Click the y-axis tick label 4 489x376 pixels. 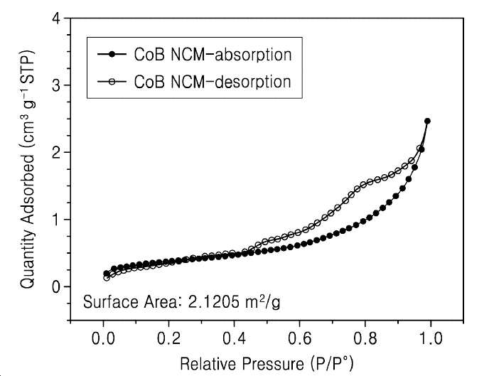(56, 19)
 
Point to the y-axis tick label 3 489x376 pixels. (56, 85)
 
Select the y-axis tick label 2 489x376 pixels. (56, 152)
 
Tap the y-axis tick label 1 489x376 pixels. (56, 220)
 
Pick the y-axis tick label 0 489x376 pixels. (56, 286)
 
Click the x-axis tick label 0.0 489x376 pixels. (103, 338)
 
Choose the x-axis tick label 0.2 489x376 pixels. (168, 338)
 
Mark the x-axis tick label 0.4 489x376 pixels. (235, 338)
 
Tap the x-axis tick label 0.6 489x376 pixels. (300, 338)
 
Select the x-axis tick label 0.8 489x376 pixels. (365, 338)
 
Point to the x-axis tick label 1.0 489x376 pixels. (431, 338)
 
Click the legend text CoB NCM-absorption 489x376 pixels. (213, 55)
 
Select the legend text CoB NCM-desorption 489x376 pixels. (213, 82)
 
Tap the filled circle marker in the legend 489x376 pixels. (112, 55)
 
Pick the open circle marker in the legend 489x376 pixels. (112, 82)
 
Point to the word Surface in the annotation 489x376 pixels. (111, 302)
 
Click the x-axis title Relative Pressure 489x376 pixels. (242, 363)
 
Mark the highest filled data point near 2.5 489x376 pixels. (427, 121)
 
